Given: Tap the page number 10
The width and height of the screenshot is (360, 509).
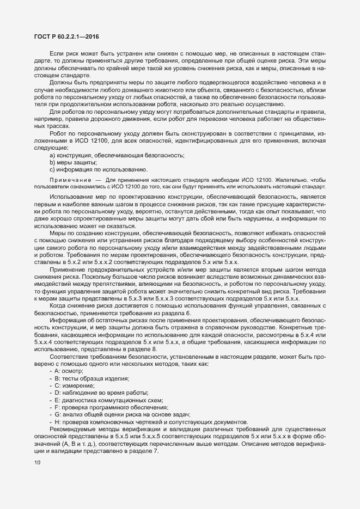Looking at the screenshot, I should point(37,463).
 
